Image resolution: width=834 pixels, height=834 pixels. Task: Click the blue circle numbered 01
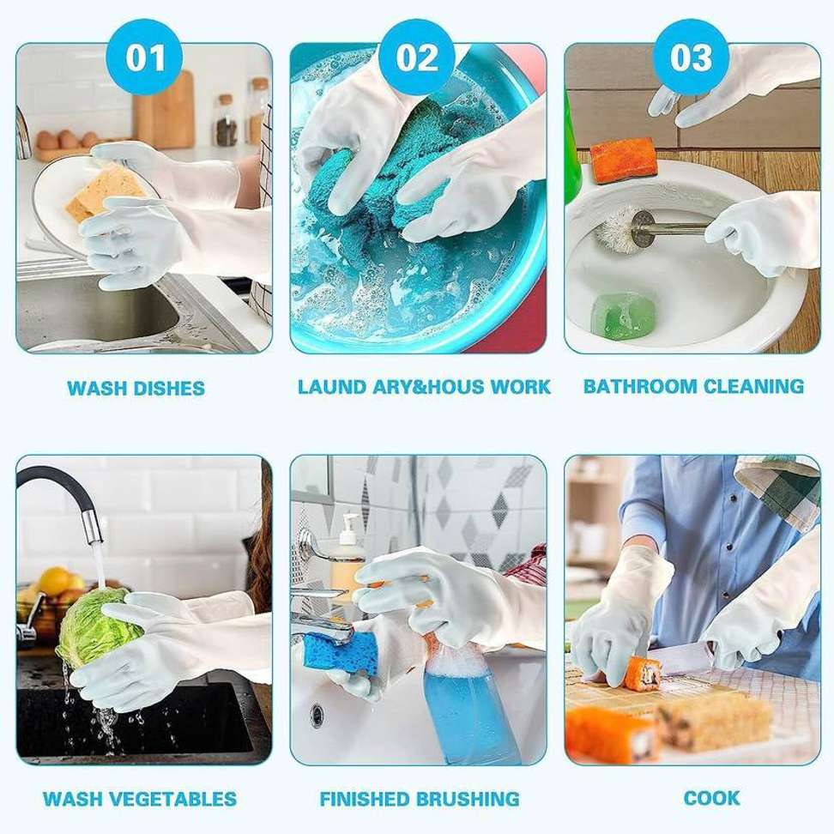coord(145,57)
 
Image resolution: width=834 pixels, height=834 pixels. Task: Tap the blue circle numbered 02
coord(417,57)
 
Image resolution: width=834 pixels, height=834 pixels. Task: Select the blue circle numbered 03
coord(691,57)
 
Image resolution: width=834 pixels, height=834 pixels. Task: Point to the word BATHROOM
coord(638,386)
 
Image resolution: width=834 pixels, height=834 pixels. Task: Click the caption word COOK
coord(711,798)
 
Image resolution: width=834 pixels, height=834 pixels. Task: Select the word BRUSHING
coord(468,799)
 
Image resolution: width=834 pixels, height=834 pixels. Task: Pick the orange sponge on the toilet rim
coord(622,160)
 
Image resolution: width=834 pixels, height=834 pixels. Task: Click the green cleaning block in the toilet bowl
coord(624,316)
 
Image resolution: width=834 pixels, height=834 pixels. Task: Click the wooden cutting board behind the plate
coord(163,111)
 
